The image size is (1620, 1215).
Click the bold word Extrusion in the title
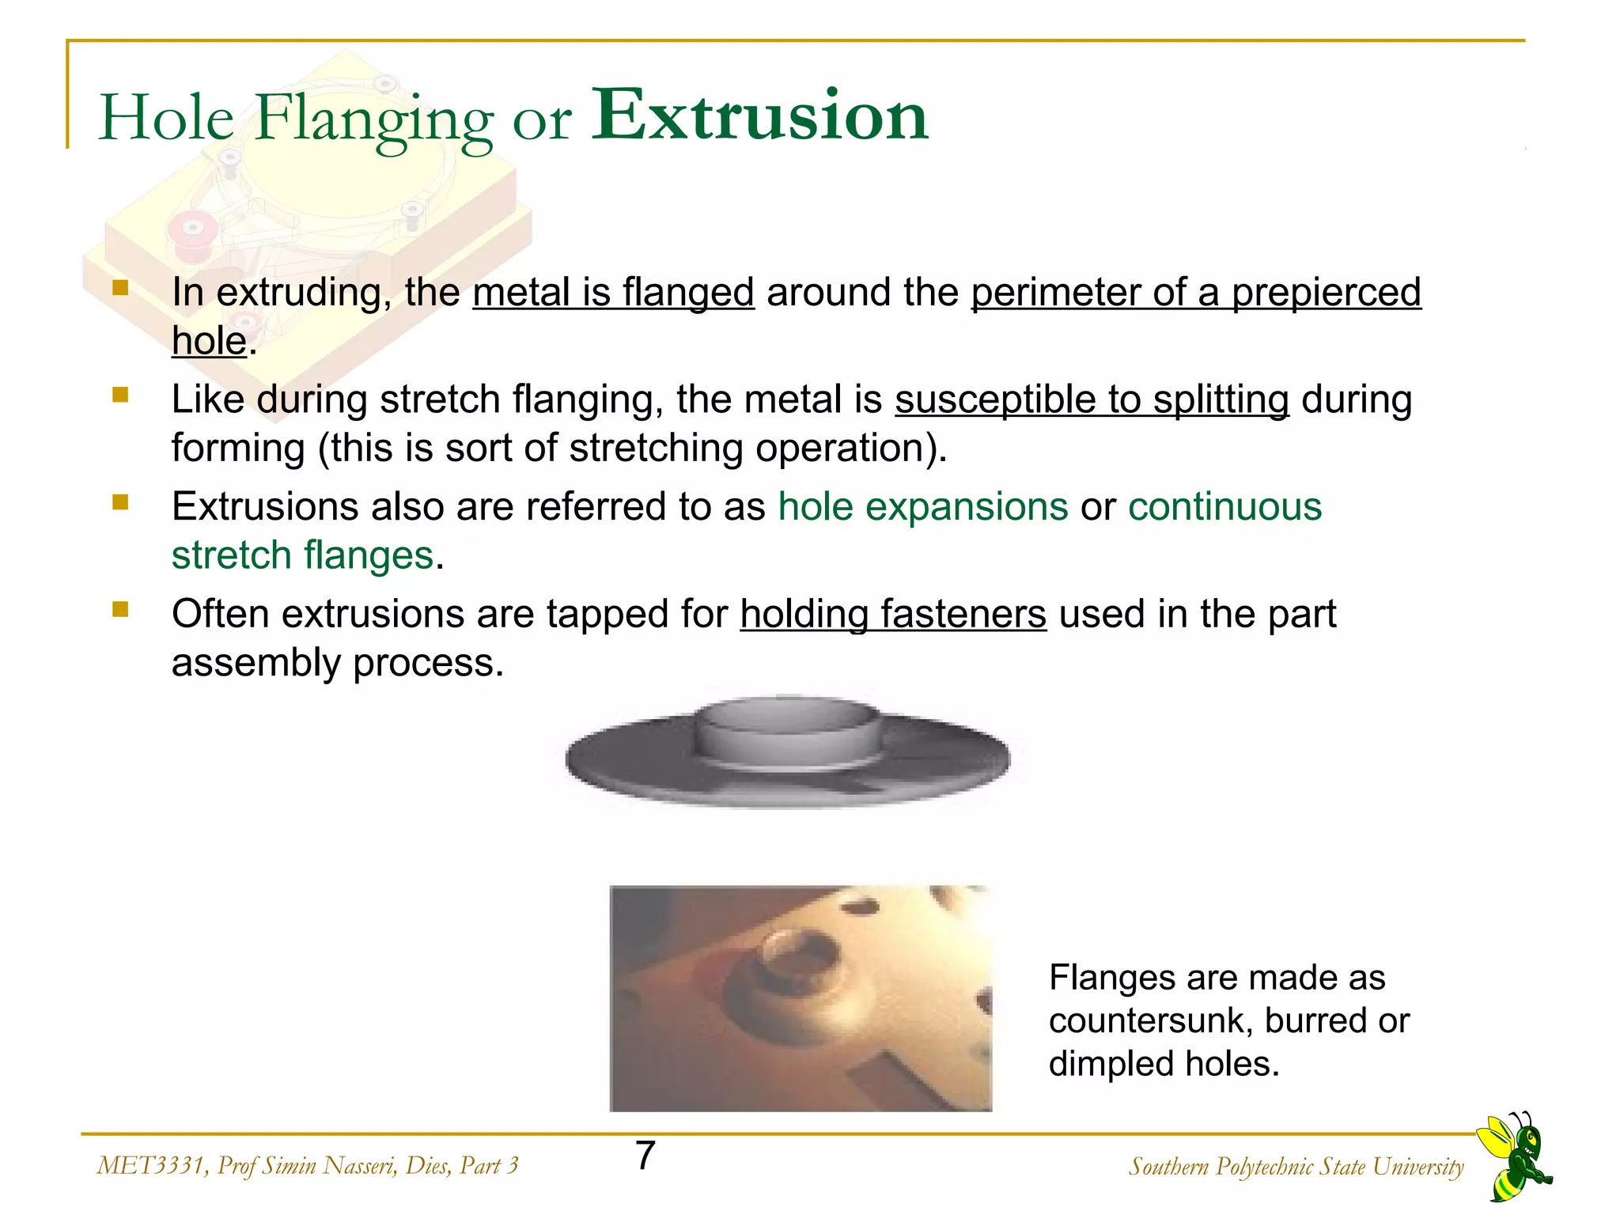[759, 117]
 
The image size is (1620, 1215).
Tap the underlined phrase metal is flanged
[613, 292]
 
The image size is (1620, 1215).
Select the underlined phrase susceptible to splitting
[1092, 399]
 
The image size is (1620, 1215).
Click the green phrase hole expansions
[922, 506]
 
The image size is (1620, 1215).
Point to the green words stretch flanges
[303, 555]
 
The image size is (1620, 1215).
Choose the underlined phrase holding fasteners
[893, 614]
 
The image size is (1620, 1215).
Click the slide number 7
[645, 1156]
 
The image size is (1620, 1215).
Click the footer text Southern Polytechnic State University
[1296, 1167]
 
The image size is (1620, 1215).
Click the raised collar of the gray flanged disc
[787, 728]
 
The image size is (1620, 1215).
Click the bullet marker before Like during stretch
[120, 395]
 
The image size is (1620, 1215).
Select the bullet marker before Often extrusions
[120, 609]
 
